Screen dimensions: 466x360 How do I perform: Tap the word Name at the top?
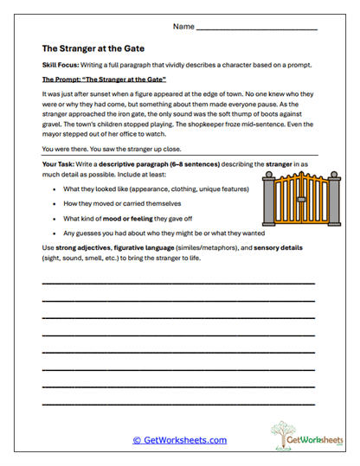click(x=183, y=27)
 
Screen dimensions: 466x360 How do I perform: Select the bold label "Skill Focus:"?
click(x=62, y=67)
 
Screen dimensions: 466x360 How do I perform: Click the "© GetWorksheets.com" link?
click(x=179, y=440)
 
